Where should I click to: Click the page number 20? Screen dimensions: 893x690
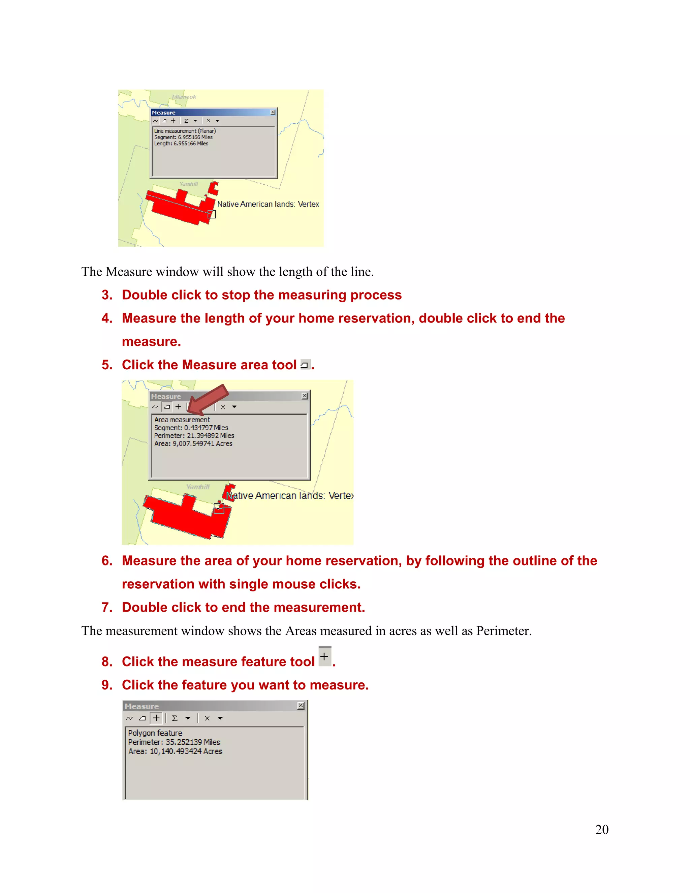click(x=602, y=829)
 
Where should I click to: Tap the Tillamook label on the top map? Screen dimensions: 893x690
click(x=184, y=97)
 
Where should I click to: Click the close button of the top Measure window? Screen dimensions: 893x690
click(x=273, y=112)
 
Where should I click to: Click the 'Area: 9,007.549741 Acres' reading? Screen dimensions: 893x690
click(x=193, y=444)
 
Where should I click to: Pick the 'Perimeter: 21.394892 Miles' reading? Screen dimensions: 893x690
click(x=194, y=435)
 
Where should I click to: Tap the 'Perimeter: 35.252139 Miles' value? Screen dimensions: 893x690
click(x=174, y=742)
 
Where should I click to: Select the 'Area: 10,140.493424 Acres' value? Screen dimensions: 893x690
click(x=175, y=751)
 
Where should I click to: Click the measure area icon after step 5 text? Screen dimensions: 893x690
click(x=305, y=365)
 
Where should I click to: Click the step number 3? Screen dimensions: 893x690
click(x=107, y=295)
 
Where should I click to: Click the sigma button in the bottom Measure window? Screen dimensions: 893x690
click(x=175, y=718)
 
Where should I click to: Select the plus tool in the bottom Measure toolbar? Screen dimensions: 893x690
click(x=156, y=718)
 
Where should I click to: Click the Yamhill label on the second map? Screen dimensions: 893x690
click(x=197, y=487)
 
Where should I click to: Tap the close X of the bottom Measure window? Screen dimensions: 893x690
click(x=301, y=706)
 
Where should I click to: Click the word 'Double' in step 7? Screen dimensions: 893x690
click(x=143, y=607)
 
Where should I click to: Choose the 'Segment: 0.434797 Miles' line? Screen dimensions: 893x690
click(x=191, y=428)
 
